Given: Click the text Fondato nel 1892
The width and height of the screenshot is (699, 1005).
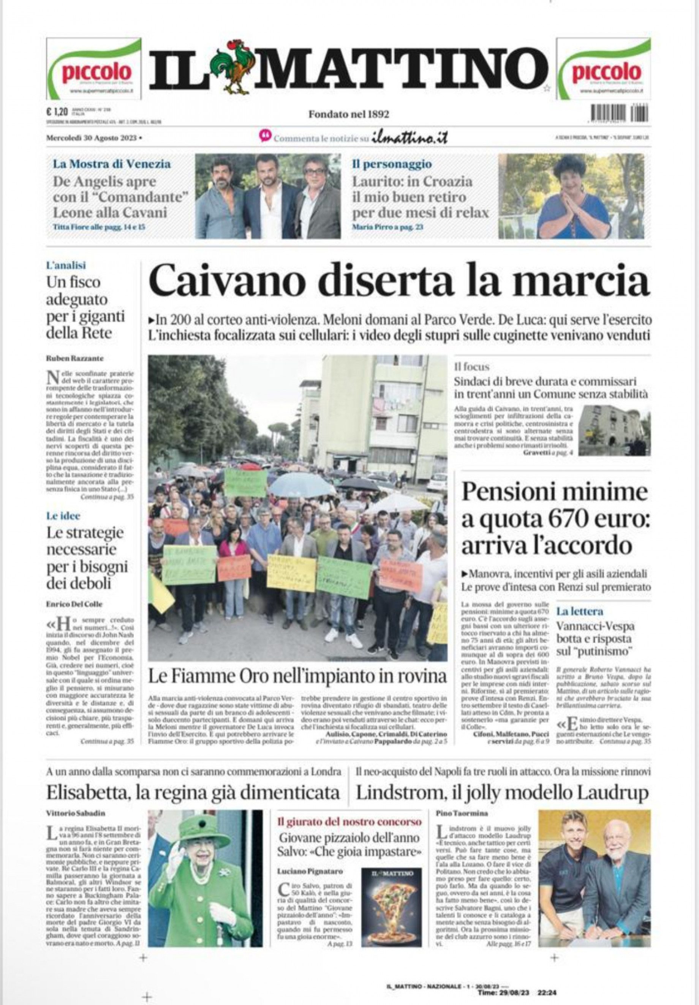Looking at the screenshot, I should pyautogui.click(x=349, y=114).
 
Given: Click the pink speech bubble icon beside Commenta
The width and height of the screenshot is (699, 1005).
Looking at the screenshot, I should pyautogui.click(x=265, y=136).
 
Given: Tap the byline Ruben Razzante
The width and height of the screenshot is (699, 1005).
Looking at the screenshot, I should pyautogui.click(x=75, y=358).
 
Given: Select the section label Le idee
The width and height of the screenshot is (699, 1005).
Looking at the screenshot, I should pyautogui.click(x=63, y=516).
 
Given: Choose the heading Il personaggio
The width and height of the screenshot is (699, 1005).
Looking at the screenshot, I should pyautogui.click(x=392, y=164).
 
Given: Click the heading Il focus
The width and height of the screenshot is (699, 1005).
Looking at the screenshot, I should pyautogui.click(x=472, y=367).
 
